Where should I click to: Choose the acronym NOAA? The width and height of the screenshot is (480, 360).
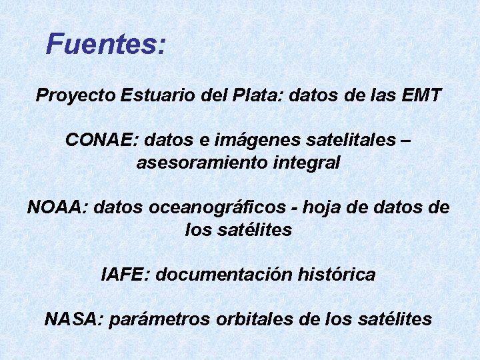coord(57,207)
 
